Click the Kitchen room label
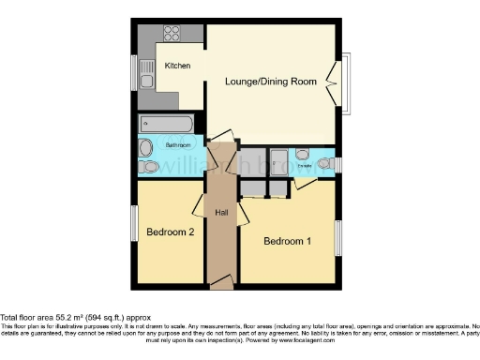(x=178, y=66)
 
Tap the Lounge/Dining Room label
(x=271, y=81)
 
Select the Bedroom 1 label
(x=287, y=241)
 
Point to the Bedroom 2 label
(x=170, y=232)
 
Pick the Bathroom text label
(x=178, y=145)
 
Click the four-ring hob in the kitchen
(x=172, y=33)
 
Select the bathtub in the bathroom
(x=166, y=124)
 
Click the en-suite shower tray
(x=279, y=159)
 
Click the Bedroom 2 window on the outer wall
(x=134, y=222)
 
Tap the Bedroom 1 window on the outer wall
(x=338, y=237)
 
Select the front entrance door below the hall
(x=220, y=280)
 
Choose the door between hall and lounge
(x=221, y=140)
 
